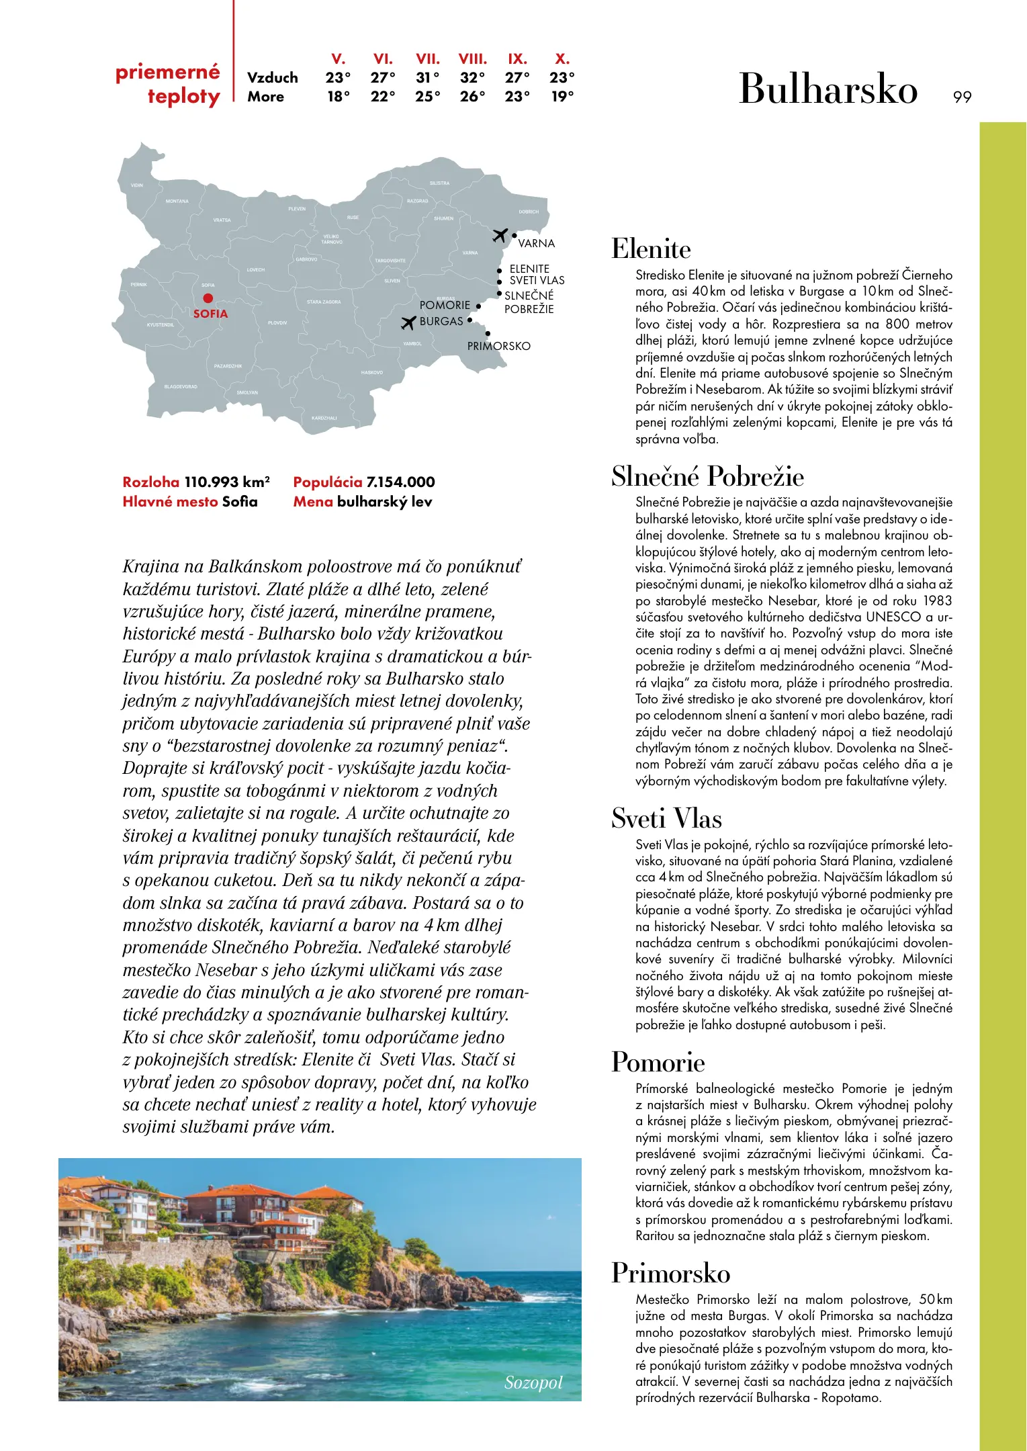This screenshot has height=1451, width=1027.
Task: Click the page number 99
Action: pos(962,97)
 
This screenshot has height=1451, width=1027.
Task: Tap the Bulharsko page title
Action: pos(828,89)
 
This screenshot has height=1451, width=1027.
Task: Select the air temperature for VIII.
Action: pos(472,77)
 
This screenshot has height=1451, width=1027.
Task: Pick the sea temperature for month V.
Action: pos(338,96)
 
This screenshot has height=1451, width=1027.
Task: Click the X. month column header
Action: pos(562,58)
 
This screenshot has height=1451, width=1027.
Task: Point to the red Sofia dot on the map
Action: pos(208,298)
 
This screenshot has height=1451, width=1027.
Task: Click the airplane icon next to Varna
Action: pos(500,235)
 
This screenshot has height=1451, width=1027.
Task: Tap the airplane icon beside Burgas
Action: pos(408,323)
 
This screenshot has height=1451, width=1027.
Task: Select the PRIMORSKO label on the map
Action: pos(498,346)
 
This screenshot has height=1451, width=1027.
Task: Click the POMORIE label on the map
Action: pos(445,305)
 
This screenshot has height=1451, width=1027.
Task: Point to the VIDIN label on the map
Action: pos(137,185)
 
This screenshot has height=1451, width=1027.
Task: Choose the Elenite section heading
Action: pos(651,249)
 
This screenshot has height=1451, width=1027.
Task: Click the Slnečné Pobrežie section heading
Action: pos(707,476)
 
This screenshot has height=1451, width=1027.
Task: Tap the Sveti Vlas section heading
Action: pos(666,818)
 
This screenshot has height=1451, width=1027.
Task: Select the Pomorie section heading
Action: pos(658,1062)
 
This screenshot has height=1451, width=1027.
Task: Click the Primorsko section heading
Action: pos(670,1273)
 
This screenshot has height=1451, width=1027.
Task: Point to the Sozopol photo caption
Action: pos(533,1382)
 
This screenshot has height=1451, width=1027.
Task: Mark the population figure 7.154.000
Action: pos(400,482)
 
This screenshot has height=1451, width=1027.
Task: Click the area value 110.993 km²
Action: pos(227,482)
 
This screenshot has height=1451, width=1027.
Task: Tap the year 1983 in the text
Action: pos(937,601)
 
